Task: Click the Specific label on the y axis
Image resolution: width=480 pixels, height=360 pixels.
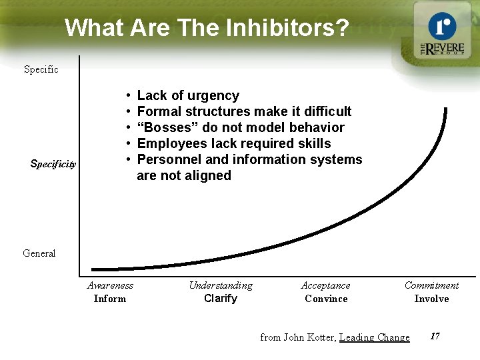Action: tap(41, 69)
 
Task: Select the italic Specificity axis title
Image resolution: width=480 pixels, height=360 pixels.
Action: tap(53, 163)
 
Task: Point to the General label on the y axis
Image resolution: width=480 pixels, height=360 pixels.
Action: tap(39, 253)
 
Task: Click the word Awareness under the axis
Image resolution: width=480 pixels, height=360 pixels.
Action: tap(110, 285)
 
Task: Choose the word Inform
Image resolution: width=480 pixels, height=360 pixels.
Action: tap(110, 299)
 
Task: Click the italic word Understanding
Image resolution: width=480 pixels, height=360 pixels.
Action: tap(221, 285)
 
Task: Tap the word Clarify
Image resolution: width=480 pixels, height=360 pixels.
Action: tap(221, 299)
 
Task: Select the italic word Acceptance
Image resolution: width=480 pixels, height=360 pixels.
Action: tap(325, 285)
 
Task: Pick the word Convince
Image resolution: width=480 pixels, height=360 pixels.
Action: tap(326, 299)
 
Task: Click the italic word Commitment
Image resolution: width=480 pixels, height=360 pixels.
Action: tap(431, 285)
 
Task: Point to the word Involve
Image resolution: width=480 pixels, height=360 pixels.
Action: tap(431, 299)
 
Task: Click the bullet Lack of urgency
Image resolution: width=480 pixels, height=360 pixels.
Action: tap(188, 96)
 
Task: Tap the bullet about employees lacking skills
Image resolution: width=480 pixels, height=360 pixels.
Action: tap(233, 143)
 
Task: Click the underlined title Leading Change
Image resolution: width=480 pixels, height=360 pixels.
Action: tap(375, 337)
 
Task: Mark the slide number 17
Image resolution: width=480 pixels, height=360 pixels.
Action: tap(435, 336)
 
